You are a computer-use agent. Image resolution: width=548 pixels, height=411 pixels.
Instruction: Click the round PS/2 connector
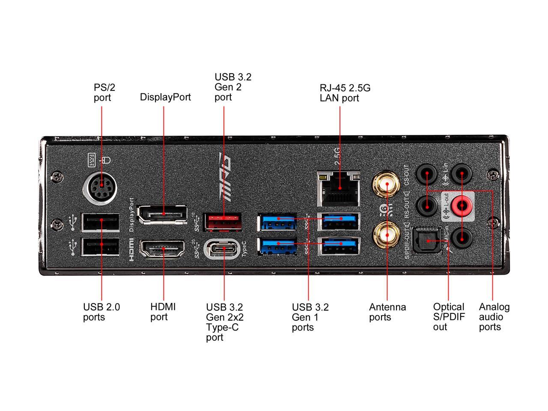101,187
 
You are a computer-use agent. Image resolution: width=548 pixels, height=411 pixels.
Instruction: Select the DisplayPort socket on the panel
162,214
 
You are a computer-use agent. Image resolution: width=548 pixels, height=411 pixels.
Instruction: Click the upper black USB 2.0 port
101,221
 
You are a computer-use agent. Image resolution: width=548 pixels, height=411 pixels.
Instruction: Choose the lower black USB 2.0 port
101,246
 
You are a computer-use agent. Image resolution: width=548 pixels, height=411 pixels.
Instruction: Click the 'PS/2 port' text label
104,92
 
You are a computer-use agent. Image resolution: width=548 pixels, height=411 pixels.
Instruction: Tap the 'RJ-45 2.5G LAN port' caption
345,93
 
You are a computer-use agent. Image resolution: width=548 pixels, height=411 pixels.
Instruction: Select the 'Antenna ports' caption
387,312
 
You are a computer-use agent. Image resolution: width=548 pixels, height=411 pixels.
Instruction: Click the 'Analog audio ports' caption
494,317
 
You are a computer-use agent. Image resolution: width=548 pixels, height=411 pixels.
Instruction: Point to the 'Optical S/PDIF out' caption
448,317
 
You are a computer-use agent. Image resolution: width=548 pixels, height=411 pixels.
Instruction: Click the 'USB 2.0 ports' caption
101,312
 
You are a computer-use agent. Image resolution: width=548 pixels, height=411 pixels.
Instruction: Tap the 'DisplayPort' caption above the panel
165,97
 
